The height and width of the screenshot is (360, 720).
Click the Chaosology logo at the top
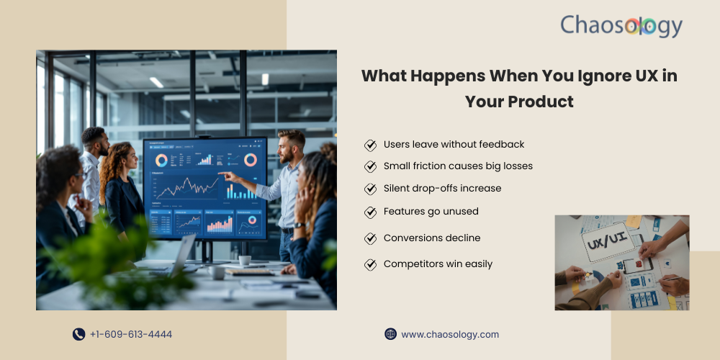(621, 26)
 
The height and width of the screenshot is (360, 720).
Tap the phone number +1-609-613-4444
(131, 334)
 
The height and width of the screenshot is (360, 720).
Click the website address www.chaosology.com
(450, 334)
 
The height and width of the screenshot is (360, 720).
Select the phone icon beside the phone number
(78, 334)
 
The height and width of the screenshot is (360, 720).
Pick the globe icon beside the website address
(391, 334)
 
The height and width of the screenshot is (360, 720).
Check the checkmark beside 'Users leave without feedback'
(370, 145)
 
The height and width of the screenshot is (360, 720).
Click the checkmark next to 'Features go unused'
(370, 212)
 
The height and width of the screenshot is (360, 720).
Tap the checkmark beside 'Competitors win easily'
(370, 264)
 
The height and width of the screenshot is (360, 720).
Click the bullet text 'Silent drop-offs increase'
(442, 189)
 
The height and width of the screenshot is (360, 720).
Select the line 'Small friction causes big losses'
(458, 166)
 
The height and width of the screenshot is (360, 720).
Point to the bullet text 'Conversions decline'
(432, 238)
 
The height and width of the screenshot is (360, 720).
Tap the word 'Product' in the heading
(541, 102)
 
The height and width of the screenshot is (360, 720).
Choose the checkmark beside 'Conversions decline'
(370, 238)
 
